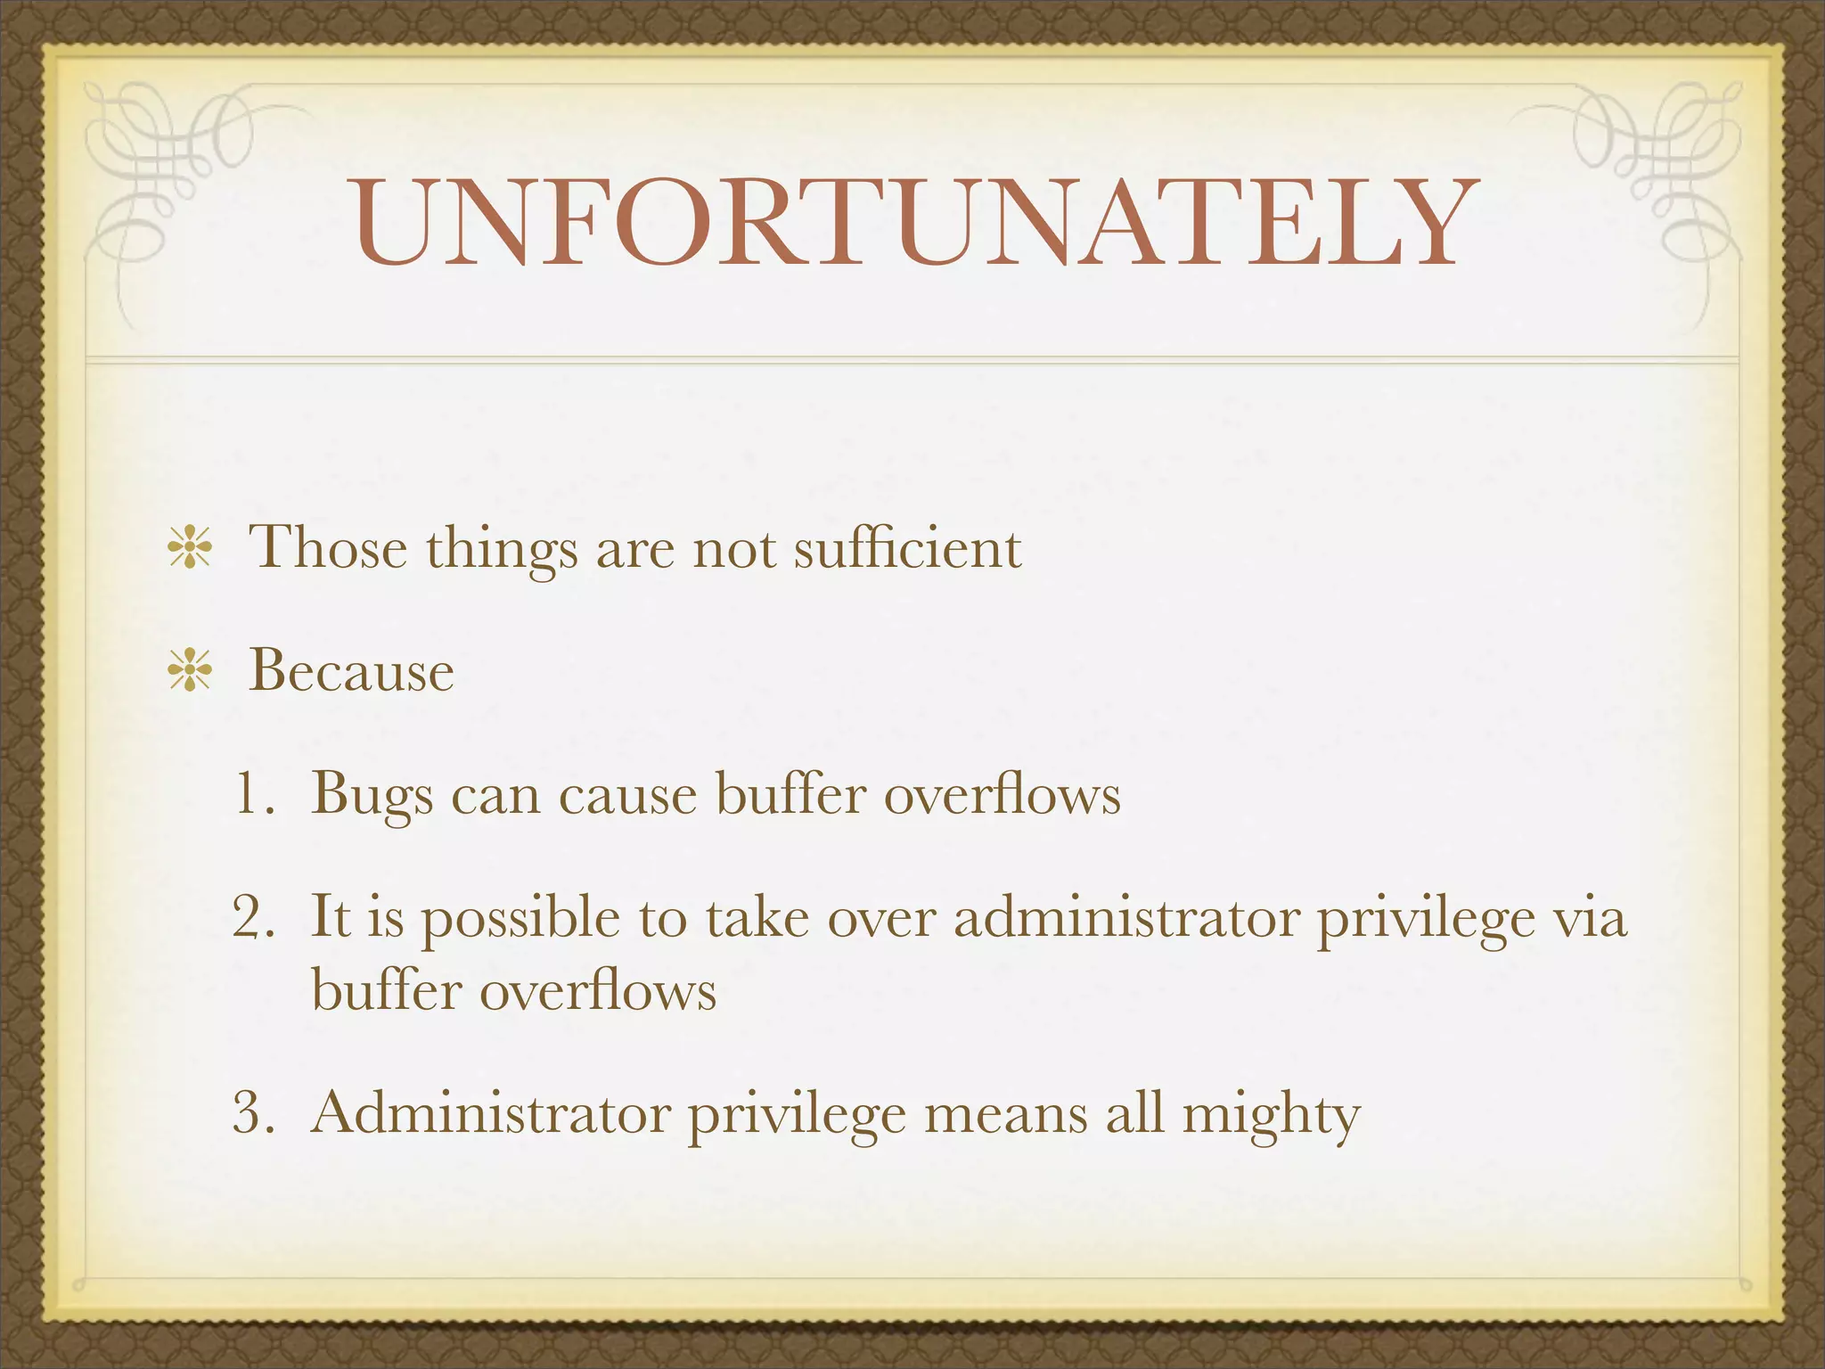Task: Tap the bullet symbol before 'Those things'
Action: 189,547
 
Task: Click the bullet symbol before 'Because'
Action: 189,670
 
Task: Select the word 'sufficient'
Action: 907,547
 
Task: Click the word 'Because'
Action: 351,670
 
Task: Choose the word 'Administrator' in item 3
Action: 491,1113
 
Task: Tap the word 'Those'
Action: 328,547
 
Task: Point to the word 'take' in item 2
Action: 757,917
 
